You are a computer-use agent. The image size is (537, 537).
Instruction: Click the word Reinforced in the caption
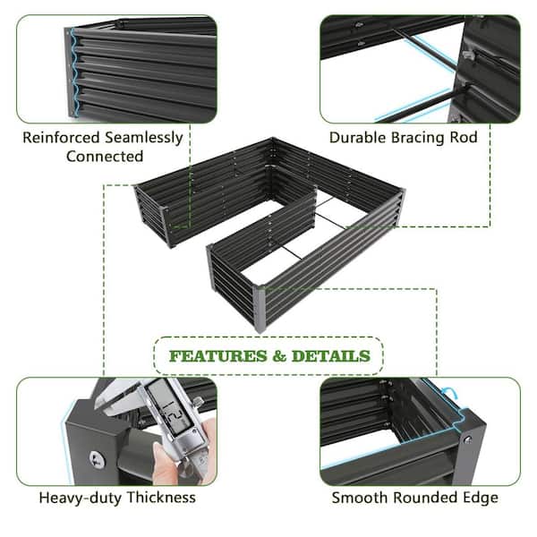coord(61,138)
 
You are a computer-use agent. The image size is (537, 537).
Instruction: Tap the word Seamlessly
coord(144,139)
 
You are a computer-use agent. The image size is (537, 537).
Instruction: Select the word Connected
coord(105,157)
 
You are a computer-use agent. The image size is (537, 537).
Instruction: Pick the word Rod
coord(464,138)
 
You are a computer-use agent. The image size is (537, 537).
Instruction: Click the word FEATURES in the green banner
coord(218,356)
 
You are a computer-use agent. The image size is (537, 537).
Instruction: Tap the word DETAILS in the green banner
coord(331,356)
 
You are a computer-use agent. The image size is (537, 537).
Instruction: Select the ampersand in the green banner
coord(279,356)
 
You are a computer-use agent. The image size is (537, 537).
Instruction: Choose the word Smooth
coord(360,498)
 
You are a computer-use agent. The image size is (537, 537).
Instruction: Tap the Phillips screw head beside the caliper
coord(98,459)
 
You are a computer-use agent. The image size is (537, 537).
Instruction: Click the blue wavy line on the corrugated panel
coord(74,72)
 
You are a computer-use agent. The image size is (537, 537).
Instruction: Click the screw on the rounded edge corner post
coord(467,439)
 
